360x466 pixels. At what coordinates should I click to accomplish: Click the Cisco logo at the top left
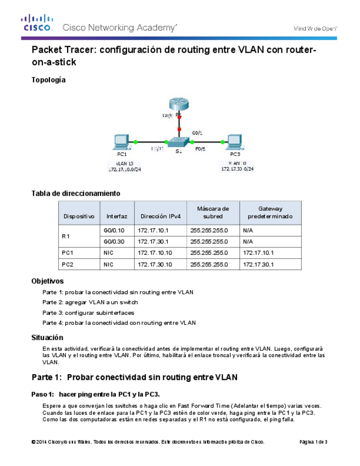(x=37, y=24)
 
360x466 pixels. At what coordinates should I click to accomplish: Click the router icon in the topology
(x=179, y=103)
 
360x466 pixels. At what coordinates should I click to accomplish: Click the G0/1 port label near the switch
(x=197, y=132)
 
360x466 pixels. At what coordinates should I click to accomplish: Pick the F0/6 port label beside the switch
(x=200, y=148)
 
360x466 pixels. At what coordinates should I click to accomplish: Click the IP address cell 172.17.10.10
(x=155, y=253)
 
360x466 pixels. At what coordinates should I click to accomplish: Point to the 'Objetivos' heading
(x=48, y=281)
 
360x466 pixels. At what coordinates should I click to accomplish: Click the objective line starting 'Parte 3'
(x=88, y=312)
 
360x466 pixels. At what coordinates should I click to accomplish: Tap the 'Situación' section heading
(x=48, y=337)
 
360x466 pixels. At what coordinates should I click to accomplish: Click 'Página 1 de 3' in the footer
(x=313, y=442)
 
